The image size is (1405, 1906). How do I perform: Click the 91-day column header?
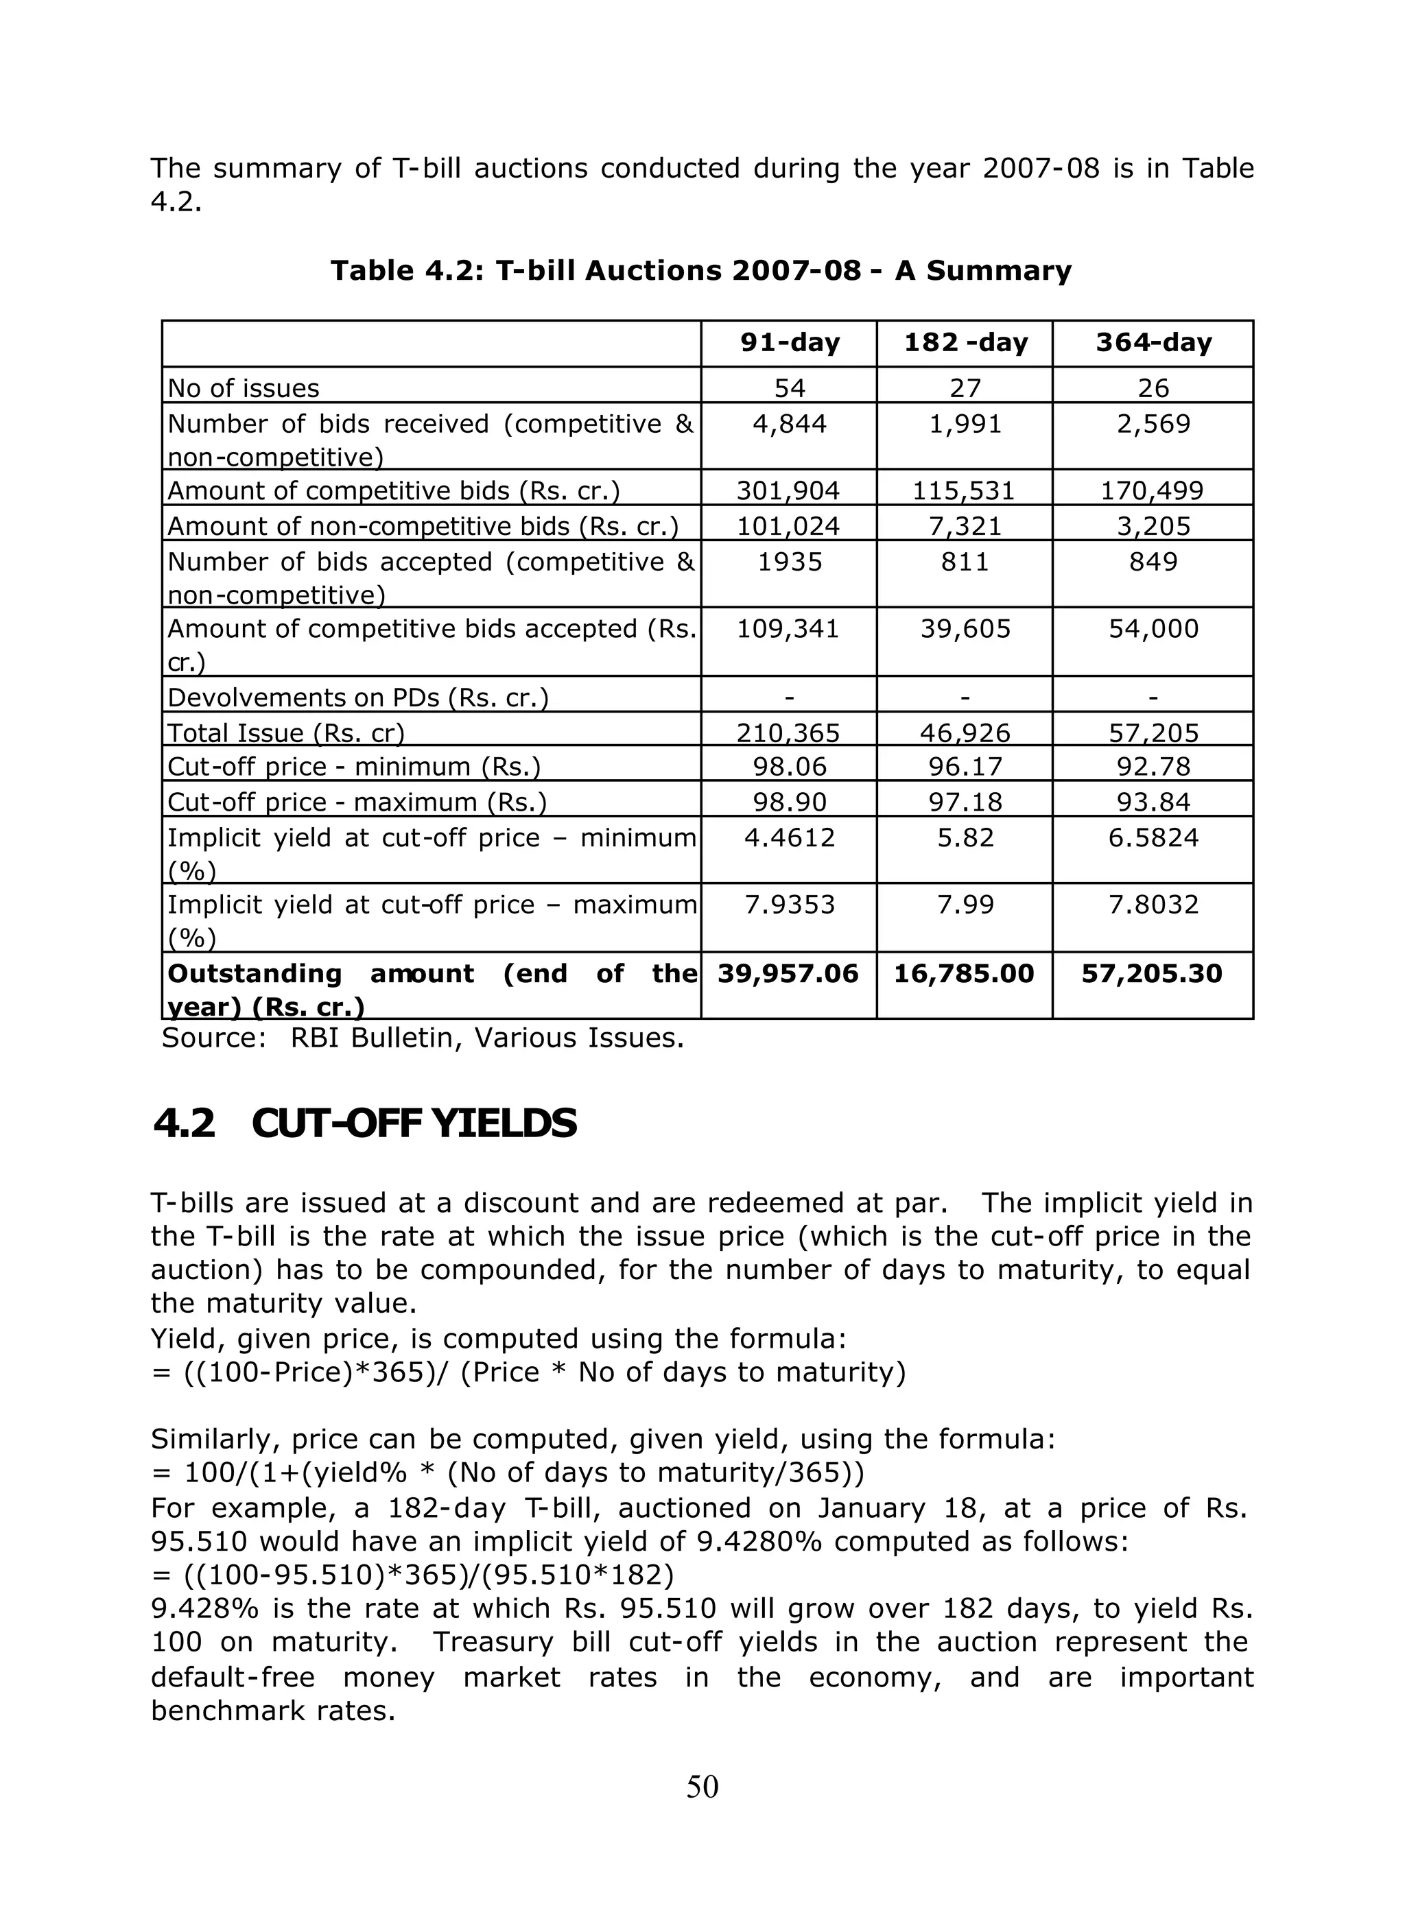[x=789, y=343]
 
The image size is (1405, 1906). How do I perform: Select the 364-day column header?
[x=1153, y=343]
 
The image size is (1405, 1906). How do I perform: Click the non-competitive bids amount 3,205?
[x=1153, y=526]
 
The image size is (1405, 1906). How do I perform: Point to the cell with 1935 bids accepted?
[x=789, y=562]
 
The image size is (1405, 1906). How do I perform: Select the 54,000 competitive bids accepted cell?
[x=1153, y=629]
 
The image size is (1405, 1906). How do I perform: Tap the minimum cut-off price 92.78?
[x=1153, y=767]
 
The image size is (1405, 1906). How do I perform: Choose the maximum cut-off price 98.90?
[x=789, y=802]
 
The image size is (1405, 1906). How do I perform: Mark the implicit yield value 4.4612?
[x=789, y=838]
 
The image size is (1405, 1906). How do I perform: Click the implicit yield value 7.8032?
[x=1153, y=905]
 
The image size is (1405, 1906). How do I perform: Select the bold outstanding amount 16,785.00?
[x=964, y=974]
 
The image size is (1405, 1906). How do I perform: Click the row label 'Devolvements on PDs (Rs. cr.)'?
[x=357, y=698]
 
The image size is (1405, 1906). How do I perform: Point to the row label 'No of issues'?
[x=244, y=388]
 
